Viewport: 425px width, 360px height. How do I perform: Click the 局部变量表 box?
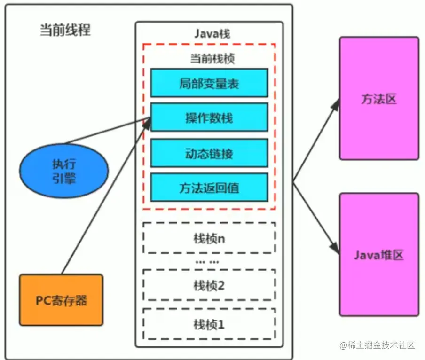pos(209,83)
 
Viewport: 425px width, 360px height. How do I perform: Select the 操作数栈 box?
pos(209,118)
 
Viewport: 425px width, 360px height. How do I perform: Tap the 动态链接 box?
pos(209,153)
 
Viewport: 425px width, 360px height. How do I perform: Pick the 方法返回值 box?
pos(209,188)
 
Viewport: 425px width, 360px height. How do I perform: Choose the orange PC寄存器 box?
pos(61,300)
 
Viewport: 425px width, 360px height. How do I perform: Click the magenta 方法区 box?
pos(379,99)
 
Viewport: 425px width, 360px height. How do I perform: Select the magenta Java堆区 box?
pos(379,254)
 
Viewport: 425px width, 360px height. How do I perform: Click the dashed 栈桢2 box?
pos(209,285)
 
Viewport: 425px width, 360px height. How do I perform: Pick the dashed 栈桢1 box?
pos(209,324)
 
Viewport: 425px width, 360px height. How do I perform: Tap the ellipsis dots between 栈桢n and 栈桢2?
pos(207,261)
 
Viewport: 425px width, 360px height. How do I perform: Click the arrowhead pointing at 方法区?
pos(336,104)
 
